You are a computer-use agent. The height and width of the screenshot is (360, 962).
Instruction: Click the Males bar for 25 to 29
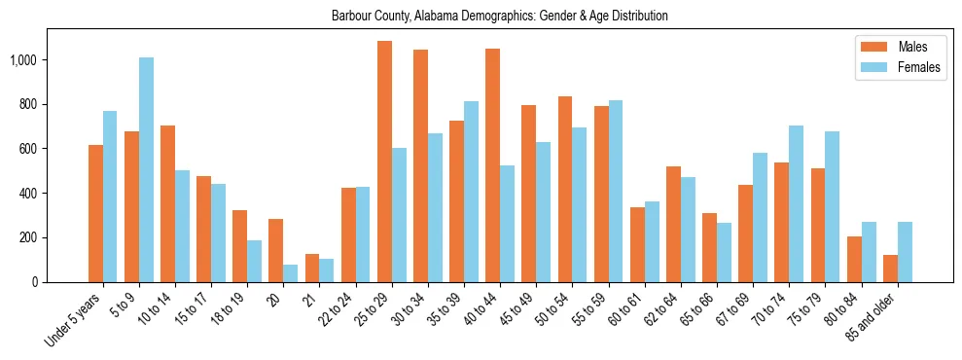tap(384, 162)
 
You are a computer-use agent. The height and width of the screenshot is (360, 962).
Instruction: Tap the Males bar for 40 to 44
tap(492, 165)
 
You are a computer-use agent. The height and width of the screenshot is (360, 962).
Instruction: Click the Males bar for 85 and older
tap(889, 269)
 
